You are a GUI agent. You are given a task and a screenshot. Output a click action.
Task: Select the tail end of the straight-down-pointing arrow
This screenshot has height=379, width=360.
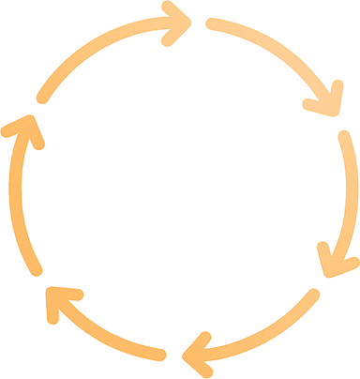coord(343,136)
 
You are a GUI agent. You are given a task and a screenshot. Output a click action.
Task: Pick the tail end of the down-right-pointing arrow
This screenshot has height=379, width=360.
coord(211,25)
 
